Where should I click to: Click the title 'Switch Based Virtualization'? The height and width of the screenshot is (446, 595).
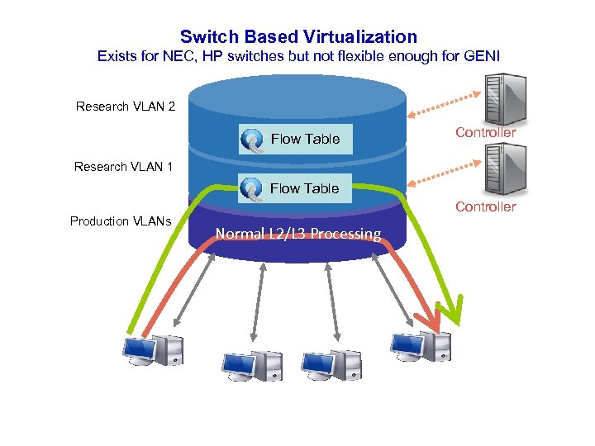(298, 36)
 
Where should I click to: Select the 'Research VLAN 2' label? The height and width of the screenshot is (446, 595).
(125, 107)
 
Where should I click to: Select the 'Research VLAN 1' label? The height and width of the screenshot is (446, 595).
(123, 167)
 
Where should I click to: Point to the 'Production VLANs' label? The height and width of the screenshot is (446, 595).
(121, 221)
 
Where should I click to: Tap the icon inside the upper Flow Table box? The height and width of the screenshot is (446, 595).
(252, 140)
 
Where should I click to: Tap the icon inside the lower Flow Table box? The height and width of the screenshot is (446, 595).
(251, 189)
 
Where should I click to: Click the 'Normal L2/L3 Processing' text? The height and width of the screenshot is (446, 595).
(298, 234)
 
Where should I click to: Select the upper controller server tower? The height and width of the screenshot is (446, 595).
(504, 98)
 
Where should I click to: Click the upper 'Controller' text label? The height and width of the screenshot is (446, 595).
(485, 133)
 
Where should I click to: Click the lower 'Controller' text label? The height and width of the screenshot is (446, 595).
(485, 207)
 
